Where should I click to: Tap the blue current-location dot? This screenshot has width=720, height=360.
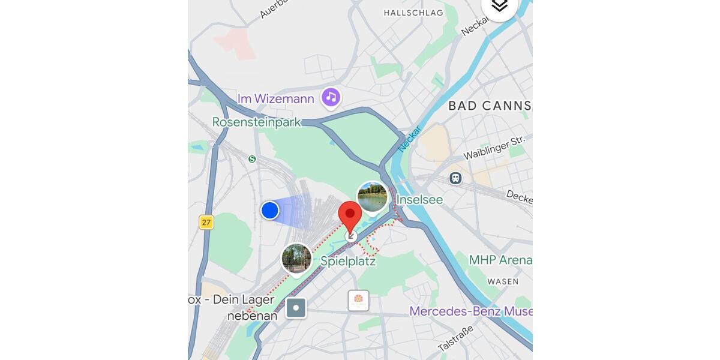(270, 211)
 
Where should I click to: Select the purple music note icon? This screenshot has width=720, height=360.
(331, 97)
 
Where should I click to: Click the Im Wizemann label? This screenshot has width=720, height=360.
(276, 99)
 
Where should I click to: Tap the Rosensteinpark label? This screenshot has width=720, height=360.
(256, 122)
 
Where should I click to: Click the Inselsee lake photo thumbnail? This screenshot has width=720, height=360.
(372, 197)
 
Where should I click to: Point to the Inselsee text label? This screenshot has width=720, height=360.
(419, 199)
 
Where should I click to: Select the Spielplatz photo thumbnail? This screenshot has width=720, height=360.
(296, 258)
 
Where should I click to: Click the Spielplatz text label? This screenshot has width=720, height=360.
(348, 262)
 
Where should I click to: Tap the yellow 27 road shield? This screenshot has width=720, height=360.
(206, 223)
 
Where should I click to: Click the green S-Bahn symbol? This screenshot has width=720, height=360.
(252, 159)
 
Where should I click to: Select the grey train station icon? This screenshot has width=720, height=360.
(456, 178)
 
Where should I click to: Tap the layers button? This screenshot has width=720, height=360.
(499, 6)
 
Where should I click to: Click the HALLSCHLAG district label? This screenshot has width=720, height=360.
(413, 13)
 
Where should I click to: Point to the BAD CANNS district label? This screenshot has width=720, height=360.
(489, 106)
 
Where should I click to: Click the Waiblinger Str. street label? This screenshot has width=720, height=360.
(494, 148)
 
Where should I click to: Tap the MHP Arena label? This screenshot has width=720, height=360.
(500, 260)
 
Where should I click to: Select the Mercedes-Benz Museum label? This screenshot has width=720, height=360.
(470, 311)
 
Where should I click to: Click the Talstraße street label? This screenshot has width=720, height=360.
(455, 338)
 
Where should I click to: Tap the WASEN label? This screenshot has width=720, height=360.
(503, 281)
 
